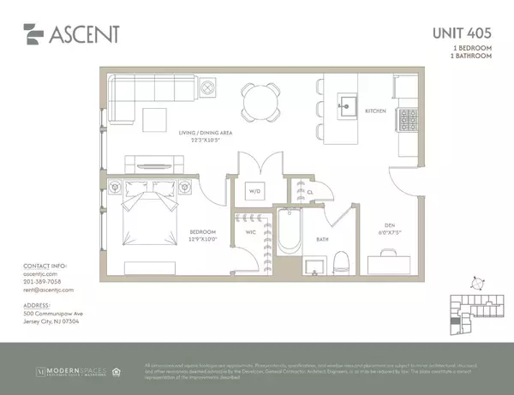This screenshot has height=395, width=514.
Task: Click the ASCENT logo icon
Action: click(32, 36)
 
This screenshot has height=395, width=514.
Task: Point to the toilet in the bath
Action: click(343, 260)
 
